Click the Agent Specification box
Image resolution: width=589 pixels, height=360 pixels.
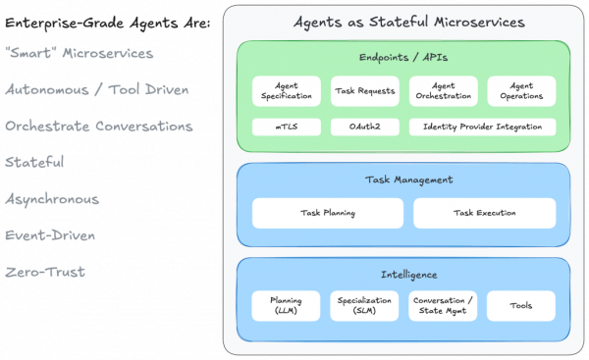coord(287,91)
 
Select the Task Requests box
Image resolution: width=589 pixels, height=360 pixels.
coord(364,91)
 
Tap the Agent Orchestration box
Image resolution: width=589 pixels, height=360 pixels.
coord(443,91)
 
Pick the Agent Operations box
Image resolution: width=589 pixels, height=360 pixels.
coord(521,91)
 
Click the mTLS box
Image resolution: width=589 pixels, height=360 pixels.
coord(287,127)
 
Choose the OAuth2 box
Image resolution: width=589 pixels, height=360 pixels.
coord(364,127)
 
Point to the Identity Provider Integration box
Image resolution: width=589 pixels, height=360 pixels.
coord(482,127)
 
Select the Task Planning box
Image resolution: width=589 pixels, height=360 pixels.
coord(328,213)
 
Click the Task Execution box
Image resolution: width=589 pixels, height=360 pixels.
coord(484,213)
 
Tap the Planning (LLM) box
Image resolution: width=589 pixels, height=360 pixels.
coord(287,306)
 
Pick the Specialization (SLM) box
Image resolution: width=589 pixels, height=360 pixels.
coord(364,306)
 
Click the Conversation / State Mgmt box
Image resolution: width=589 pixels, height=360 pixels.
coord(443,306)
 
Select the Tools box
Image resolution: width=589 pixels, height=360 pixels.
coord(521,306)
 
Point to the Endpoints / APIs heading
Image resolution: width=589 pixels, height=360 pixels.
coord(403,57)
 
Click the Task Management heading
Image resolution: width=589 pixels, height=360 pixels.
coord(403,180)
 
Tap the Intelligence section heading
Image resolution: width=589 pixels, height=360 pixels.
coord(403,274)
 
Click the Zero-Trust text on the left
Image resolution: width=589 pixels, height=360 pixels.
coord(45,272)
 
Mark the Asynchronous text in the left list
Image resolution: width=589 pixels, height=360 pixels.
coord(53,199)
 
